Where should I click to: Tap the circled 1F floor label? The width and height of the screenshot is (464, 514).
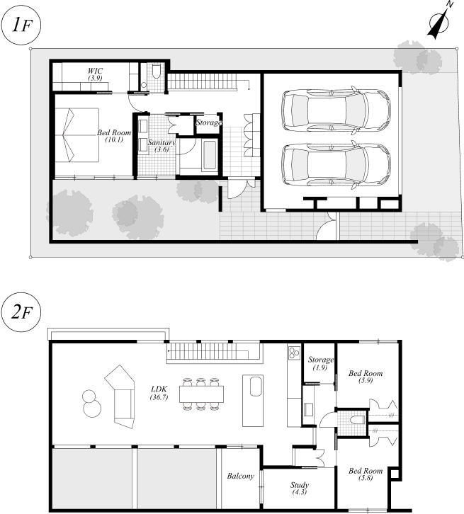click(x=21, y=25)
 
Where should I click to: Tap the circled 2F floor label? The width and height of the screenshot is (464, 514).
click(x=21, y=312)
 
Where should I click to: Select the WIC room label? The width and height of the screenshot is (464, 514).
click(x=95, y=74)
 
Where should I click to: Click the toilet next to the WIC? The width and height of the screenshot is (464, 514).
click(x=157, y=72)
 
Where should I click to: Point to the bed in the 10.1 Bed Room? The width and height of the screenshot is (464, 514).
click(x=77, y=135)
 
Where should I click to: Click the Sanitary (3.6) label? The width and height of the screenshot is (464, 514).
click(x=162, y=146)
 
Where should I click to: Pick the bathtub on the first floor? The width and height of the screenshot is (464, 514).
click(x=209, y=155)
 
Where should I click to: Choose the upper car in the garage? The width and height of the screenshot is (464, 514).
click(x=336, y=110)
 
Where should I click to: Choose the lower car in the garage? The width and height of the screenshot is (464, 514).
click(x=336, y=165)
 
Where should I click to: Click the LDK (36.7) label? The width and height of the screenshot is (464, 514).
click(x=159, y=393)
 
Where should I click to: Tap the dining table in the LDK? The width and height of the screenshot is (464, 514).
click(x=201, y=394)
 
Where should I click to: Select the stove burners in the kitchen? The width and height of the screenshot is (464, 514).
click(x=294, y=353)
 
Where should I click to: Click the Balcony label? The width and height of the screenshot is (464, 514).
click(x=241, y=476)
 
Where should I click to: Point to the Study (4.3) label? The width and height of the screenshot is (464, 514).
click(x=300, y=488)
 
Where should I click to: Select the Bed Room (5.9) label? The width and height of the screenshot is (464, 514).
click(x=366, y=377)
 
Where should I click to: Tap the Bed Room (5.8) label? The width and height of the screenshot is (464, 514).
click(x=366, y=474)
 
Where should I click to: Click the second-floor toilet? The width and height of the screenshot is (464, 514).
click(x=358, y=420)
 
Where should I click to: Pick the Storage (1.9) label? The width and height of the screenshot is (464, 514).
click(x=320, y=363)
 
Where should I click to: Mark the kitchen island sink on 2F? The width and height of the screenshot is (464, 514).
click(x=256, y=387)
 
